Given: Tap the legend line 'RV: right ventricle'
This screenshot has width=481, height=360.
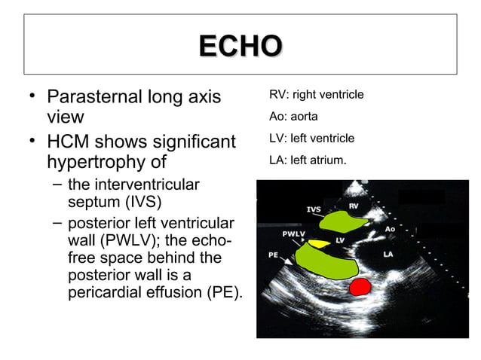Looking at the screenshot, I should tap(316, 95).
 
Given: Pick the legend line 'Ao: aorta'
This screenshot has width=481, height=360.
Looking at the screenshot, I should tap(293, 117).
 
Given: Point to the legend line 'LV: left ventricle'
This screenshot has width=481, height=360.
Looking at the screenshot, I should tap(311, 139).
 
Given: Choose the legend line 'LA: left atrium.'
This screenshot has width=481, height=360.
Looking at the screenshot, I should tap(308, 160).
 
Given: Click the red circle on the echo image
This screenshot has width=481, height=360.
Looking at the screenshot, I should tap(360, 286).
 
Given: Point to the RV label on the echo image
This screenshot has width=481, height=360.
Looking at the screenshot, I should tap(353, 205).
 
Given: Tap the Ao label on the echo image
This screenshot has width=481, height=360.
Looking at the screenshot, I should tap(391, 228).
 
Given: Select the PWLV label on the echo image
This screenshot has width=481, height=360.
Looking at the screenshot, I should tap(294, 234).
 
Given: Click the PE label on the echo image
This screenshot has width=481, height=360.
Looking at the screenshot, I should tap(274, 255).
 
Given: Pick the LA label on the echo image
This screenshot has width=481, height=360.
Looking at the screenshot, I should tap(388, 255).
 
